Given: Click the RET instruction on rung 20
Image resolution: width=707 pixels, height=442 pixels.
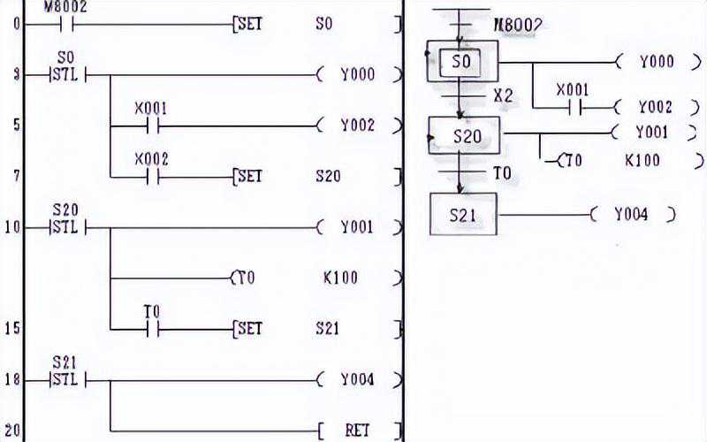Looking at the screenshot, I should (357, 431).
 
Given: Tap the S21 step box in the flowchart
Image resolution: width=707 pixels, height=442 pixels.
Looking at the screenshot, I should (463, 214).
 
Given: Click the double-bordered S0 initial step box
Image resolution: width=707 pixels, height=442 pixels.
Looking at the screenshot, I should (461, 62).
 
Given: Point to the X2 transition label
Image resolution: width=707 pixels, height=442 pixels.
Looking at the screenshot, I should (503, 95).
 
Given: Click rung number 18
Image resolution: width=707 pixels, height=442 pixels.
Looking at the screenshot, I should (11, 379).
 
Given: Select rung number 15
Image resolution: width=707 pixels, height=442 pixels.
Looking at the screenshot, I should (11, 328).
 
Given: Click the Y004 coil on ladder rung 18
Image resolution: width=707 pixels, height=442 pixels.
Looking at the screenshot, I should (357, 380).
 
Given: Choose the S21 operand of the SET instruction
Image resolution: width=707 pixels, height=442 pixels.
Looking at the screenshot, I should (327, 328).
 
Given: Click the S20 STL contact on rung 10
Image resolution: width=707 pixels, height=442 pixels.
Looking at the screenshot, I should (65, 227).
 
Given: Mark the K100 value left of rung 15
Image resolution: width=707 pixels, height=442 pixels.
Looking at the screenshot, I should (340, 278).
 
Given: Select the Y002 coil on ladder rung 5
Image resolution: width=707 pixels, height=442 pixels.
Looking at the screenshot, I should (357, 126).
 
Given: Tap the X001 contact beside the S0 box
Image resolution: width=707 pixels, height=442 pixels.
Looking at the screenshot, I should (571, 107).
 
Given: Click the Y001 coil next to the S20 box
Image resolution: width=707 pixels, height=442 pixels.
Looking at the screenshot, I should (653, 133).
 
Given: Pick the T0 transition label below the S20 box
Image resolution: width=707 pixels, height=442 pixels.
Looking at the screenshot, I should (501, 172).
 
